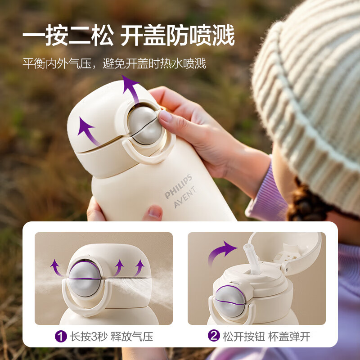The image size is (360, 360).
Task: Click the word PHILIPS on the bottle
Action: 178,187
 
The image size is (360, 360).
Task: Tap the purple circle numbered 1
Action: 61,336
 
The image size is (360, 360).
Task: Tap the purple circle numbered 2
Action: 214,336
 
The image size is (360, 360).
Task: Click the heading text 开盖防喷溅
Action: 177,36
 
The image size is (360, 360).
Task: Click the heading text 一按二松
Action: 68,36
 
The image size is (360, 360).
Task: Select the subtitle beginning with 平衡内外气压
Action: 114,63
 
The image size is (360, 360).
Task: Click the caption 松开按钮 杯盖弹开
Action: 265,336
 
